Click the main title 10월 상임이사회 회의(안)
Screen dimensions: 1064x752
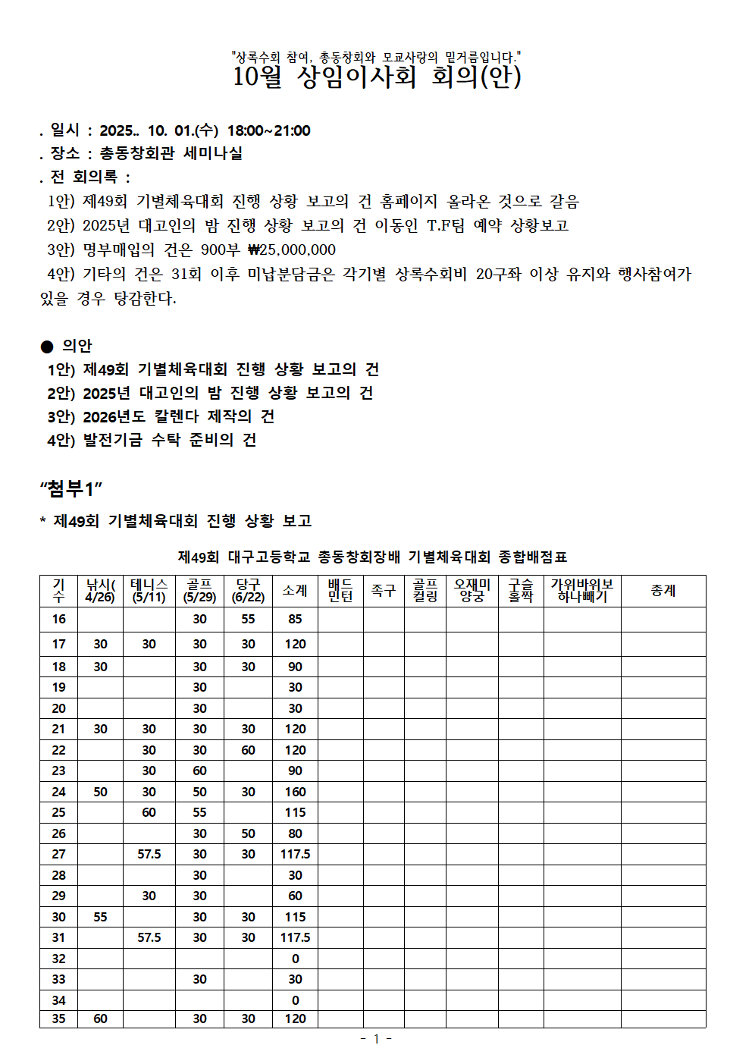click(x=377, y=77)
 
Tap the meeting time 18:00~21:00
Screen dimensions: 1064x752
click(x=268, y=130)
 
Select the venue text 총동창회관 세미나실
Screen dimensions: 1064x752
click(x=171, y=153)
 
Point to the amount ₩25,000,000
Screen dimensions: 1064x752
click(x=292, y=250)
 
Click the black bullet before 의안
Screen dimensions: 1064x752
click(x=47, y=347)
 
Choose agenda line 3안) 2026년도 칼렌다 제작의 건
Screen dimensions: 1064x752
click(x=161, y=416)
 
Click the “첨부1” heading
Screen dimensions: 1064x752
click(x=70, y=489)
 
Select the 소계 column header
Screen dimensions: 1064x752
click(x=295, y=590)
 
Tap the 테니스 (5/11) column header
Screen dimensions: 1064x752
click(x=149, y=590)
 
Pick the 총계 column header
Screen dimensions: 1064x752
click(x=663, y=590)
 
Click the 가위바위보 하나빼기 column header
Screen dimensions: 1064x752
click(x=581, y=590)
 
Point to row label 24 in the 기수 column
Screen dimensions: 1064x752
click(x=58, y=792)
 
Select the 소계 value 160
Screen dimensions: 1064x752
click(x=295, y=792)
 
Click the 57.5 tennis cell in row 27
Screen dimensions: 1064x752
click(x=149, y=854)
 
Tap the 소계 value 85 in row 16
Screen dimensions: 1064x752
click(x=295, y=619)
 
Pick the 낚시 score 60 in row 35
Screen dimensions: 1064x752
click(x=100, y=1018)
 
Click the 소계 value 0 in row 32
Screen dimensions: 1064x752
click(x=295, y=959)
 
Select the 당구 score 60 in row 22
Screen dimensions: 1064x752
click(x=248, y=750)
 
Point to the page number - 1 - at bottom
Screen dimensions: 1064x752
click(x=376, y=1038)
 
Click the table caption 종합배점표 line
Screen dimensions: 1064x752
click(x=372, y=557)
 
